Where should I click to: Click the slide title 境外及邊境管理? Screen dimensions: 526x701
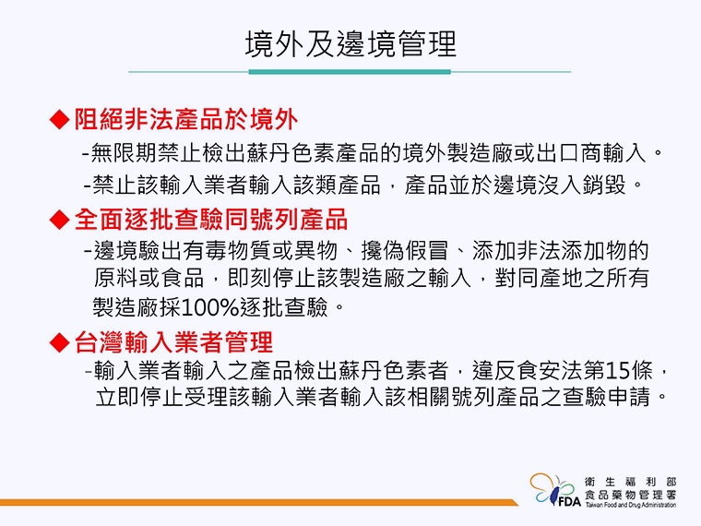(350, 44)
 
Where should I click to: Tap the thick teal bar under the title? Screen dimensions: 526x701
(350, 71)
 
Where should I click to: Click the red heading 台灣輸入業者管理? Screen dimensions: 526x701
(173, 342)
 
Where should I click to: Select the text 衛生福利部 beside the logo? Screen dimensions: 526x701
(631, 481)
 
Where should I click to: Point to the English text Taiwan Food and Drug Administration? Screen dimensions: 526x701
(631, 506)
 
